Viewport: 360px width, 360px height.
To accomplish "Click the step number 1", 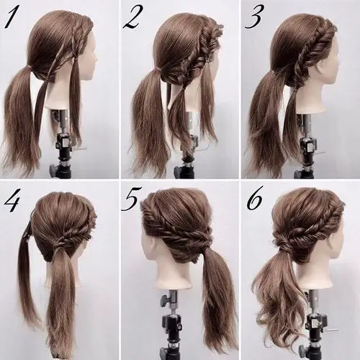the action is click(x=10, y=18).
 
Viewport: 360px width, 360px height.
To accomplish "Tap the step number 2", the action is click(x=132, y=18).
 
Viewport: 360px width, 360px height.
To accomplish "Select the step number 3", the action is click(x=254, y=18).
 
